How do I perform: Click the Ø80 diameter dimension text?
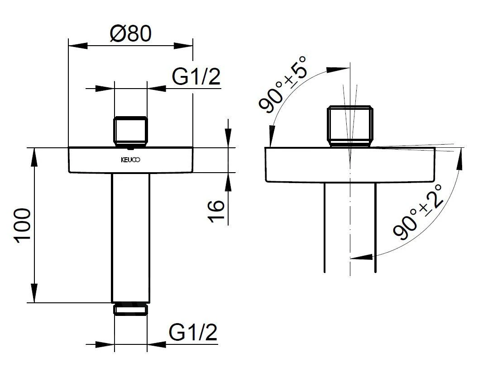130,33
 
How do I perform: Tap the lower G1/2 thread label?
193,333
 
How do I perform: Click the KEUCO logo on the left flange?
131,160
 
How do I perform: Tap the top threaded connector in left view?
131,131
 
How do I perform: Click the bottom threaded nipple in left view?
131,309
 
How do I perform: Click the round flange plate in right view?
349,165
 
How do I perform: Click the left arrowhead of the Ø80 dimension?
77,45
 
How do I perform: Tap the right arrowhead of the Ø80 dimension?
185,45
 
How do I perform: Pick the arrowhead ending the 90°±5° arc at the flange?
271,138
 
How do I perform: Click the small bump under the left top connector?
131,146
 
